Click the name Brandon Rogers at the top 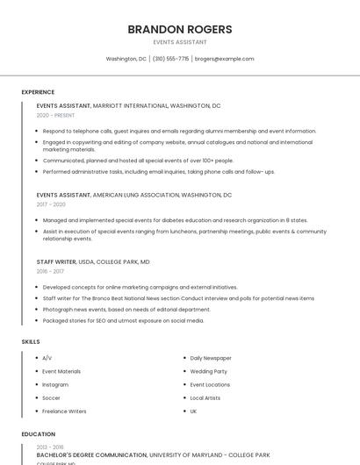pos(179,29)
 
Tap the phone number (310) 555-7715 pos(170,59)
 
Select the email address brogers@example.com pos(224,59)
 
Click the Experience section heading pos(38,92)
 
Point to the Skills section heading pos(31,341)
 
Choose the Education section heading pos(38,434)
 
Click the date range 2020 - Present pos(55,115)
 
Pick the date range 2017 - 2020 pos(51,204)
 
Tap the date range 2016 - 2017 pos(50,271)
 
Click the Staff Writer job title pos(56,261)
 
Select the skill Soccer pos(52,397)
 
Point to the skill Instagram pos(55,384)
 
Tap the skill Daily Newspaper pos(211,358)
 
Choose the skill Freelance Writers pos(64,411)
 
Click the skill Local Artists pos(205,397)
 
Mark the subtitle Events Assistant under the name pos(179,42)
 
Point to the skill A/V pos(47,358)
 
